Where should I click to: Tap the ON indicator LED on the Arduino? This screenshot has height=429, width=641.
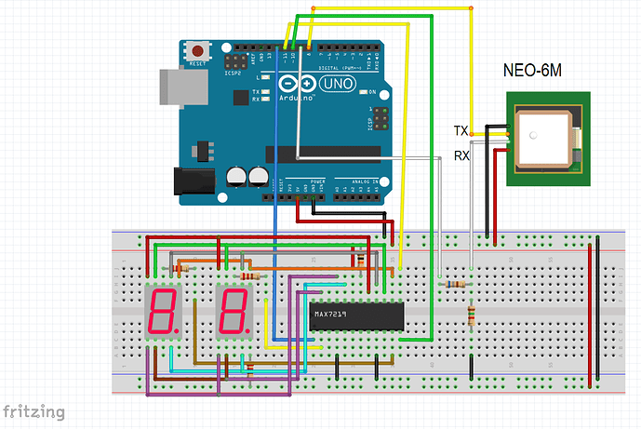pyautogui.click(x=363, y=92)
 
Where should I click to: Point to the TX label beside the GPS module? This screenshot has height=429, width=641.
pyautogui.click(x=461, y=130)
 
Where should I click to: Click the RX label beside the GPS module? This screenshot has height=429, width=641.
pyautogui.click(x=461, y=156)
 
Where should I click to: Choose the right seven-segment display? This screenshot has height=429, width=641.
pyautogui.click(x=233, y=312)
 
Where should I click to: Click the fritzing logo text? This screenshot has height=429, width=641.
pyautogui.click(x=34, y=410)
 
